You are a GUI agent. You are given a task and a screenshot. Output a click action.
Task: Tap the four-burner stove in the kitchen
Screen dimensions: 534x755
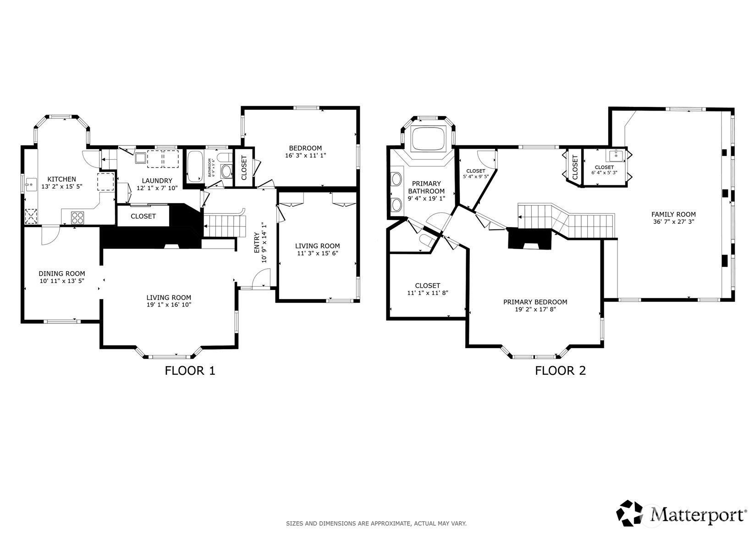77,217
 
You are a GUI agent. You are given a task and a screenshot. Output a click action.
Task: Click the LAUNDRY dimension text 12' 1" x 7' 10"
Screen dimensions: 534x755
157,188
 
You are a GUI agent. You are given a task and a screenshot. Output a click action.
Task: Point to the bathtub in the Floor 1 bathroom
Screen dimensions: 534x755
195,166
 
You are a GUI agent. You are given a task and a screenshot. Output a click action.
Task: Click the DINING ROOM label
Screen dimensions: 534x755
61,273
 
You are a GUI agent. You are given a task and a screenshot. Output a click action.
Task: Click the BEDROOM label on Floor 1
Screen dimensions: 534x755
305,148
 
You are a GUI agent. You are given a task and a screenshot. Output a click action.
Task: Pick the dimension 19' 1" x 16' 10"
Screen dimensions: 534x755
168,305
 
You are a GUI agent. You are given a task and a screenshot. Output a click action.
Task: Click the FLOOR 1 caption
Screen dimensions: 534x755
190,371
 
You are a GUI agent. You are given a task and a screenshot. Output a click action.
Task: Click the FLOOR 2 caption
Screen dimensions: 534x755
560,371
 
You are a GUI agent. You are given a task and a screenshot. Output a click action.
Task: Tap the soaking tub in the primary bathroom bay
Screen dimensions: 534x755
429,139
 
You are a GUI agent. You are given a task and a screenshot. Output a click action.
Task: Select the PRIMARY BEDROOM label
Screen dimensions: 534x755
535,302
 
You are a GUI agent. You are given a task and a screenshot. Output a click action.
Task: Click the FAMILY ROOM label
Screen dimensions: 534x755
673,214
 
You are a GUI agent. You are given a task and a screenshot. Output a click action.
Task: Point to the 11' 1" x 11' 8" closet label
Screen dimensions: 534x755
427,293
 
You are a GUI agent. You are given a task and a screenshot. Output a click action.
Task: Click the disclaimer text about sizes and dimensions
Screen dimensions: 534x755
376,523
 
